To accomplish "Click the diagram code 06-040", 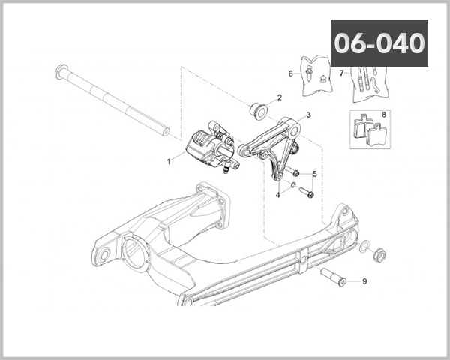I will pos(379,43).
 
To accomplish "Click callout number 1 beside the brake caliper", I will pos(169,160).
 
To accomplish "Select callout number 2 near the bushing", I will pos(280,97).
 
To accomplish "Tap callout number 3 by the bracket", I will pos(307,117).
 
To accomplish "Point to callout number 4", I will pos(278,195).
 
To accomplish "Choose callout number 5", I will pos(314,174).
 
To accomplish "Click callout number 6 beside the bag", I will pos(290,73).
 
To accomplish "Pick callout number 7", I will pos(340,73).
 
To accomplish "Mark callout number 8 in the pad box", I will pos(384,115).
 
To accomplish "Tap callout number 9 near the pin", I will pos(364,281).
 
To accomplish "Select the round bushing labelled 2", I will pos(258,109).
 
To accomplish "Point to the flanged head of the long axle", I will pos(59,73).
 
